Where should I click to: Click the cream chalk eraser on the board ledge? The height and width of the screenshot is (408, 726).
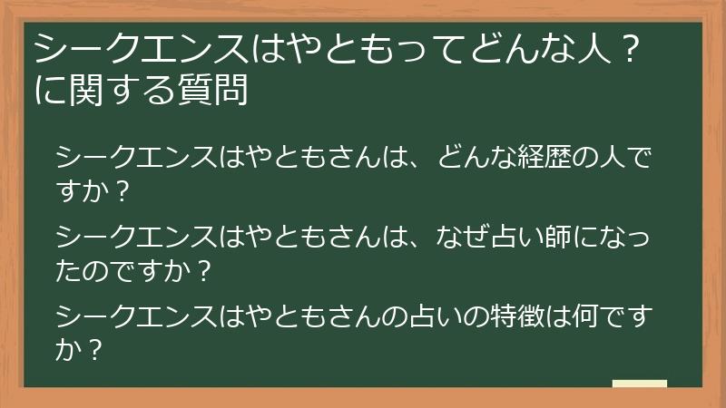coord(640,384)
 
